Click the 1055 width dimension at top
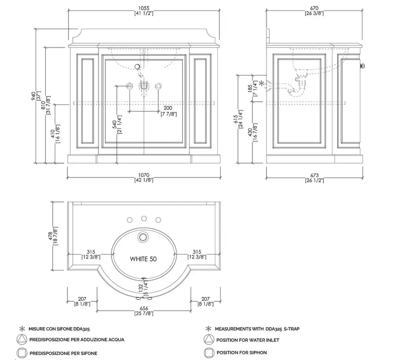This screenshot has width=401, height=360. (x=144, y=7)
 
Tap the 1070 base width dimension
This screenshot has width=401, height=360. (x=144, y=175)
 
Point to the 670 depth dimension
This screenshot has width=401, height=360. (x=314, y=7)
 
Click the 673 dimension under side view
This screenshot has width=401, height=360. (x=314, y=175)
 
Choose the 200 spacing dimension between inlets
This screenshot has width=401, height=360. (x=168, y=108)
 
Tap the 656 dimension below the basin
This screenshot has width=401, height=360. (x=144, y=308)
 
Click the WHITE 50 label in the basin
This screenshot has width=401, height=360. (x=144, y=259)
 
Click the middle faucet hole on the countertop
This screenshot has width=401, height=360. (x=144, y=218)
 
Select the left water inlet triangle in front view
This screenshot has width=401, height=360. (x=129, y=86)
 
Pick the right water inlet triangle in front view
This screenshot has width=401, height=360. (x=158, y=86)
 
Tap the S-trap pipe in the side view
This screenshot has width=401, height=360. (x=294, y=88)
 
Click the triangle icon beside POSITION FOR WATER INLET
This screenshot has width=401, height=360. (x=209, y=340)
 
